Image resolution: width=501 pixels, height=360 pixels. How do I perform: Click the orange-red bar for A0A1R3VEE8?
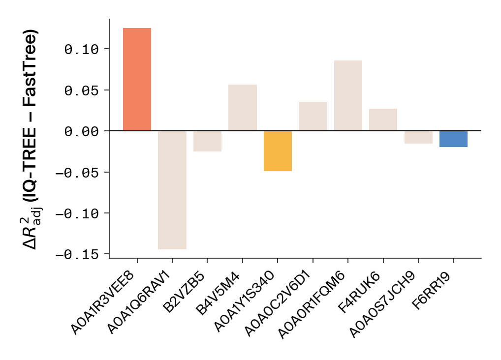click(137, 80)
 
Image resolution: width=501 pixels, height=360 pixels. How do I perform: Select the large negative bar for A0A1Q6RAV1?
click(172, 190)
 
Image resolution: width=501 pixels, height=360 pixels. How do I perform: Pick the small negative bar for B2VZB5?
click(207, 141)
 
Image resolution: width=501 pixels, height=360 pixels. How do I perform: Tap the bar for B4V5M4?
click(243, 108)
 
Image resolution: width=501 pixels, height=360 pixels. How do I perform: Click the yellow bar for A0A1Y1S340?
click(278, 151)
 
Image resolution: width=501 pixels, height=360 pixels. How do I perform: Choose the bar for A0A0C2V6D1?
click(313, 117)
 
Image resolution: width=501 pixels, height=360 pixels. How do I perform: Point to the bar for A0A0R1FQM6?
click(348, 96)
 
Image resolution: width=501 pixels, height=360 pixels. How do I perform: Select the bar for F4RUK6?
click(383, 120)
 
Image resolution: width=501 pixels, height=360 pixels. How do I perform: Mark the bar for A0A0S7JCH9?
click(418, 137)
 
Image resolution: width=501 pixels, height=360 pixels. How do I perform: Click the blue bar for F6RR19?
click(453, 139)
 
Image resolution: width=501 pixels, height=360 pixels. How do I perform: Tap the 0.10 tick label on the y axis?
click(82, 49)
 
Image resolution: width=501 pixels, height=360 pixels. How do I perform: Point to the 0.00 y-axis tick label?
click(82, 131)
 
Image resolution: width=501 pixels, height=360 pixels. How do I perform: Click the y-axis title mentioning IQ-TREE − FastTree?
click(31, 140)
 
